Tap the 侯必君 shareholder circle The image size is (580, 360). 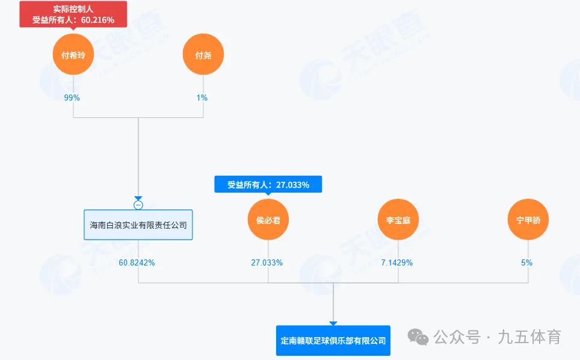(x=268, y=220)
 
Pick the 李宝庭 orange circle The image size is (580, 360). (x=398, y=220)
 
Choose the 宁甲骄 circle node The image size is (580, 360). (x=528, y=220)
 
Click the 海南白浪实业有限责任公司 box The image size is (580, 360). (x=138, y=225)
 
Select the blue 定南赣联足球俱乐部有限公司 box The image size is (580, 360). (x=333, y=340)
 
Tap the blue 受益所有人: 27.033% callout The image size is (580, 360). (x=268, y=185)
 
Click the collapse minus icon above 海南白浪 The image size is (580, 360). (x=138, y=205)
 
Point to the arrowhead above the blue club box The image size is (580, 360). (x=333, y=323)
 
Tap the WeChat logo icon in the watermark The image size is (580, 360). (x=418, y=337)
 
